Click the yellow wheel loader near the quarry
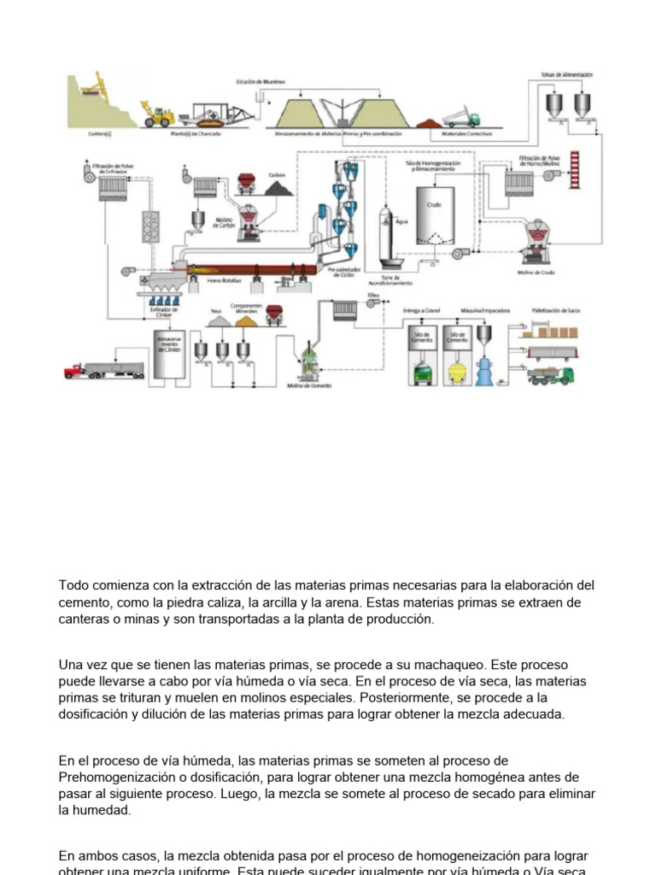click(160, 115)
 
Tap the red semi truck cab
click(75, 370)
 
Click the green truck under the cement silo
click(421, 373)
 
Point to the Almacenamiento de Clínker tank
click(167, 351)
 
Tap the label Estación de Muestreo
click(261, 82)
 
